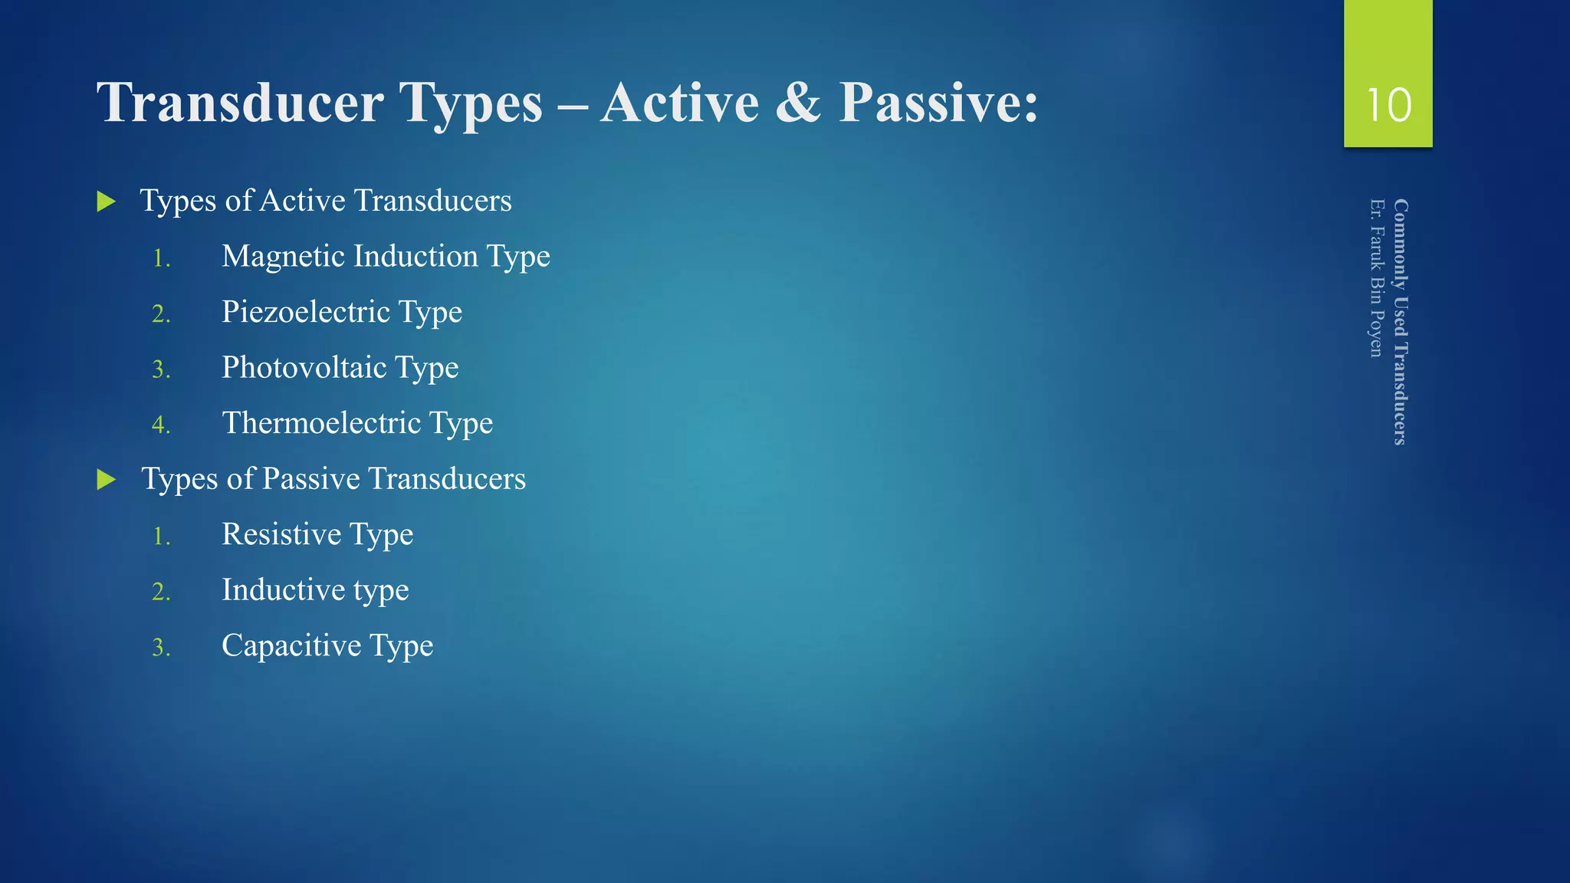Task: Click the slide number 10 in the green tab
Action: [x=1388, y=105]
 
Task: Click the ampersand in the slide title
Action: [x=798, y=103]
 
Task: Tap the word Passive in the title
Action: [x=938, y=103]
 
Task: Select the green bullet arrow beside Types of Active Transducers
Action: [x=107, y=202]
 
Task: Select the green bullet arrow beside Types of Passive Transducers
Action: [x=107, y=481]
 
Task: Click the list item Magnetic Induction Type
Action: [x=386, y=257]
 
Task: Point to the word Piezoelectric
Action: [x=306, y=312]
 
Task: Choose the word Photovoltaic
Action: [x=304, y=368]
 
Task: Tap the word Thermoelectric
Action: [x=321, y=423]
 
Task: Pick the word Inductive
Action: [x=283, y=590]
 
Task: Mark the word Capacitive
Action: [x=291, y=645]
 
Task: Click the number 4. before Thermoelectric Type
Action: [x=161, y=425]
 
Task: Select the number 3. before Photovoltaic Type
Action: [x=161, y=369]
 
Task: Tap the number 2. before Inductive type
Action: [x=161, y=592]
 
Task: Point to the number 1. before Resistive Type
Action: [x=161, y=536]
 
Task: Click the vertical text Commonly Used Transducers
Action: [x=1401, y=322]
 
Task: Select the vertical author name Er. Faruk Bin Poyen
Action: [x=1377, y=277]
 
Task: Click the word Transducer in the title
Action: [x=240, y=103]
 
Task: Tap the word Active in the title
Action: [x=679, y=103]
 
